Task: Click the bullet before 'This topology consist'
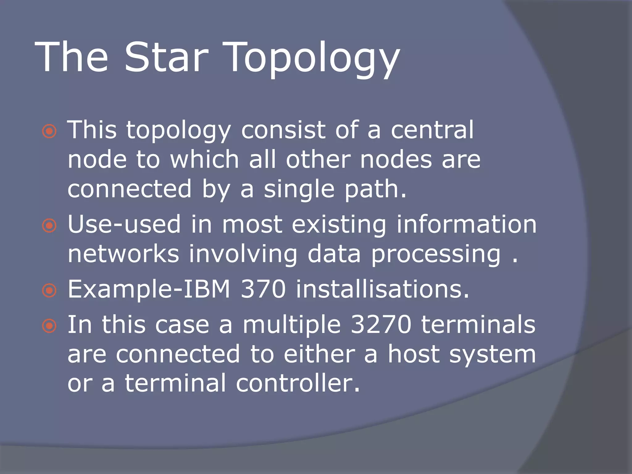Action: click(x=49, y=132)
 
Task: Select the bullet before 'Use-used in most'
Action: click(x=49, y=226)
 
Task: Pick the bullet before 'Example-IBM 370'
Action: click(x=49, y=291)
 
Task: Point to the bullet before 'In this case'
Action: click(x=49, y=326)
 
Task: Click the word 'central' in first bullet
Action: click(x=432, y=130)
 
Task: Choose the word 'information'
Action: click(x=466, y=224)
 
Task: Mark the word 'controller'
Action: click(x=297, y=383)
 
